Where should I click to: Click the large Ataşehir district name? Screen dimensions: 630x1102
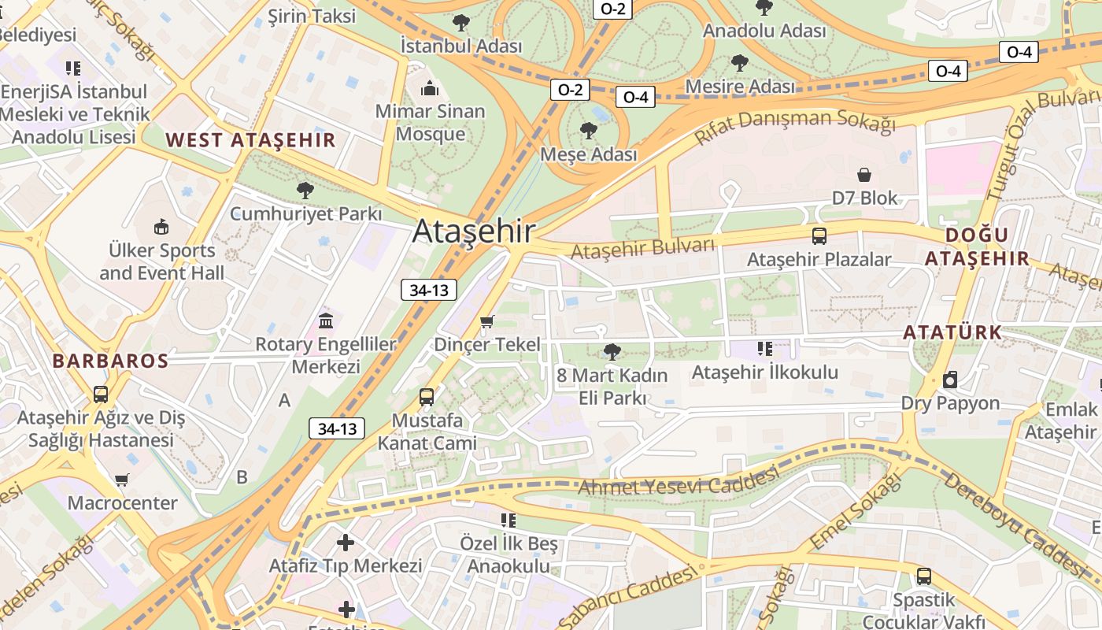tap(473, 232)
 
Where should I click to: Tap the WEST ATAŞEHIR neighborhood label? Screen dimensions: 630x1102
tap(250, 141)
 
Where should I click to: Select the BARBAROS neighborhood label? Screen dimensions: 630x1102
tap(110, 361)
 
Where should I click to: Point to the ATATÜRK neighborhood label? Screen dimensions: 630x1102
tap(952, 332)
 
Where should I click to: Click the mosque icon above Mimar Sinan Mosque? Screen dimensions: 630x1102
tap(430, 87)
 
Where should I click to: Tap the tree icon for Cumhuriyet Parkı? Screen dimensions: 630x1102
tap(305, 190)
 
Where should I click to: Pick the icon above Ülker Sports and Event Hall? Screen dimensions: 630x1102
tap(161, 227)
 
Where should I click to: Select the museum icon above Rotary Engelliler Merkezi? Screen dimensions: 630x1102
tap(326, 321)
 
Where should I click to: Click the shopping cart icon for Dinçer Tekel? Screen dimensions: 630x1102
tap(487, 321)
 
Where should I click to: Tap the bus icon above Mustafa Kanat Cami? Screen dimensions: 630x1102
tap(427, 397)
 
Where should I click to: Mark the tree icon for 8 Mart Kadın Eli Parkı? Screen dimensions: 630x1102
tap(612, 351)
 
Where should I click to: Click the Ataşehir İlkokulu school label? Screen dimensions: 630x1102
tap(765, 372)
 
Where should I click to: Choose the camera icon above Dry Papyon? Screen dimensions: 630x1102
tap(950, 380)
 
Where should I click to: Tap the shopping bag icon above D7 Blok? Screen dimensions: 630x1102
tap(864, 174)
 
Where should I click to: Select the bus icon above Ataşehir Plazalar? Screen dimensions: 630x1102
tap(819, 235)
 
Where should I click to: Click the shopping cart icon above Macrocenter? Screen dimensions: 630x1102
tap(122, 479)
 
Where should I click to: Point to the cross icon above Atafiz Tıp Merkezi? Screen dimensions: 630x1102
tap(346, 542)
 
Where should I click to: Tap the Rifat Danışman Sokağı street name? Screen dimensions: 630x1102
tap(795, 127)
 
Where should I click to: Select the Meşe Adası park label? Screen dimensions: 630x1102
tap(588, 154)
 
